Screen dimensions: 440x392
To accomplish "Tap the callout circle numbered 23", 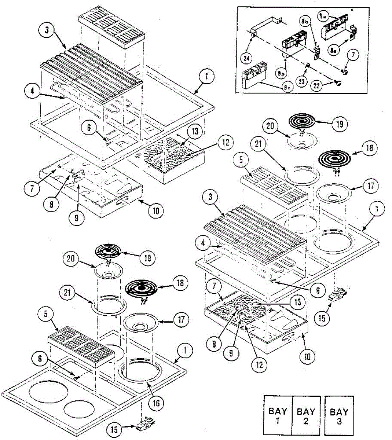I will [301, 82].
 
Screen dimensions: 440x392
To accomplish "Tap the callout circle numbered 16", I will [156, 403].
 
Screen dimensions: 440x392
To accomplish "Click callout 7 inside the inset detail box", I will [353, 55].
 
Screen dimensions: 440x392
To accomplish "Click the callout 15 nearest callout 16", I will [115, 429].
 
